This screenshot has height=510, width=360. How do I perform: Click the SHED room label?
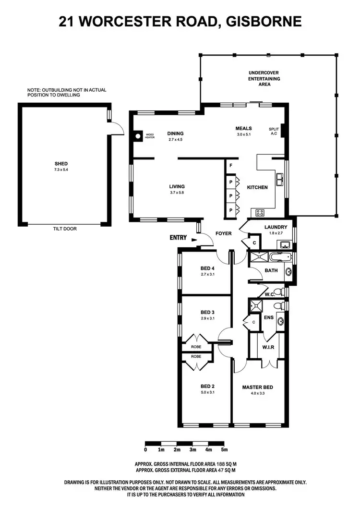[61, 164]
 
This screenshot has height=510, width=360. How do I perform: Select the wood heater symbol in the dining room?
[138, 136]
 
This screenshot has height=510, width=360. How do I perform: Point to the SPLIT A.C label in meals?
[274, 132]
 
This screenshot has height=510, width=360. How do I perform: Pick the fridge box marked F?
[231, 166]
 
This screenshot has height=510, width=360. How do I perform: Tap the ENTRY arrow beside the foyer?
[194, 238]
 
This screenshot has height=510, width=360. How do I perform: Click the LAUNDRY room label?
[276, 227]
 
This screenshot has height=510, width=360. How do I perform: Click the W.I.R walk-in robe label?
[268, 348]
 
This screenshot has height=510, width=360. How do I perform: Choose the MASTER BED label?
[258, 387]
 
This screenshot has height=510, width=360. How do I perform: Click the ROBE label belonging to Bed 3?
[196, 346]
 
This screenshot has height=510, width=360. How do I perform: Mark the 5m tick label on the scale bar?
[224, 450]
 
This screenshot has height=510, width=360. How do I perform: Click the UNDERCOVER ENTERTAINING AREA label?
[264, 78]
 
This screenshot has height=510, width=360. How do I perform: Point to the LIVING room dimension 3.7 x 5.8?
[177, 193]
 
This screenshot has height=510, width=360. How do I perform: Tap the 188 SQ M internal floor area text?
[225, 464]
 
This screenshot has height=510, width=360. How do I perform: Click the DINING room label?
[176, 134]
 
